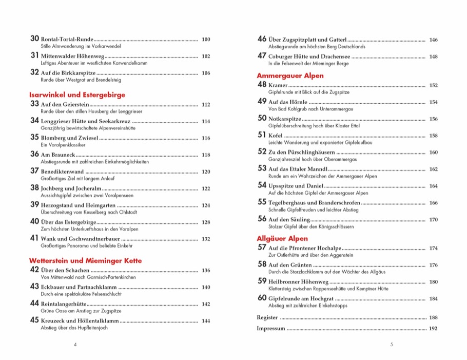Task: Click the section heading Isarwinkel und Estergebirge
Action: pyautogui.click(x=77, y=94)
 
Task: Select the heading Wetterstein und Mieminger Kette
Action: pyautogui.click(x=85, y=260)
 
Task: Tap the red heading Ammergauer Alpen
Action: pyautogui.click(x=290, y=75)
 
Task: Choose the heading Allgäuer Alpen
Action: pyautogui.click(x=282, y=238)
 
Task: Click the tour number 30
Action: pyautogui.click(x=35, y=39)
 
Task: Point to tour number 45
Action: pyautogui.click(x=35, y=320)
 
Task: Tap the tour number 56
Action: pyautogui.click(x=262, y=219)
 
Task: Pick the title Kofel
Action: pyautogui.click(x=276, y=135)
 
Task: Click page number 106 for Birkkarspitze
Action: pyautogui.click(x=206, y=73)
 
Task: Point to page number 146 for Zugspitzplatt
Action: pyautogui.click(x=433, y=40)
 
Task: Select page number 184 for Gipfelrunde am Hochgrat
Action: pyautogui.click(x=433, y=298)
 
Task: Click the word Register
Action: pyautogui.click(x=267, y=317)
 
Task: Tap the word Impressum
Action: pyautogui.click(x=270, y=329)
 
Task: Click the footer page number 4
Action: pyautogui.click(x=75, y=345)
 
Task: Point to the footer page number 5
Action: pyautogui.click(x=391, y=345)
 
